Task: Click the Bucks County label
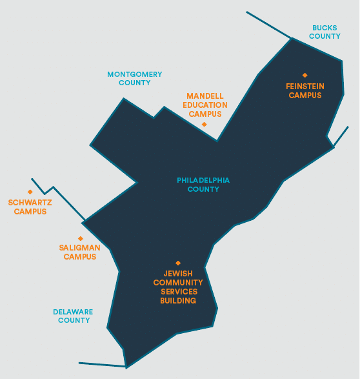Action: tap(325, 32)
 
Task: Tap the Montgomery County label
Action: tap(135, 78)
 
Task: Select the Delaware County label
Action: tap(73, 316)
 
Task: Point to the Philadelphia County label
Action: tap(203, 185)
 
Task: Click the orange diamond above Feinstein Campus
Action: tap(305, 75)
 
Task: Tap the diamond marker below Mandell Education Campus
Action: tap(205, 124)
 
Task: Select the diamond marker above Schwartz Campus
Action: tap(30, 192)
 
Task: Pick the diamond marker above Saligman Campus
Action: tap(81, 238)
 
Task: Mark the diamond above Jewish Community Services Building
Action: tap(178, 263)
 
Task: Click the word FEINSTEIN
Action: tap(305, 87)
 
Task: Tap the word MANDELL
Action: tap(205, 96)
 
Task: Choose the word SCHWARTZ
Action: tap(30, 203)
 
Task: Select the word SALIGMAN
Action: tap(80, 248)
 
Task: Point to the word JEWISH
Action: tap(178, 274)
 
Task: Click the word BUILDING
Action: tap(178, 301)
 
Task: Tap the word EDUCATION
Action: tap(205, 105)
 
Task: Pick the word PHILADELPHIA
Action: tap(203, 180)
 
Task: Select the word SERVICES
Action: tap(179, 292)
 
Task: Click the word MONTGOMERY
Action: tap(135, 74)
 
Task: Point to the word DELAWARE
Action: tap(73, 312)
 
